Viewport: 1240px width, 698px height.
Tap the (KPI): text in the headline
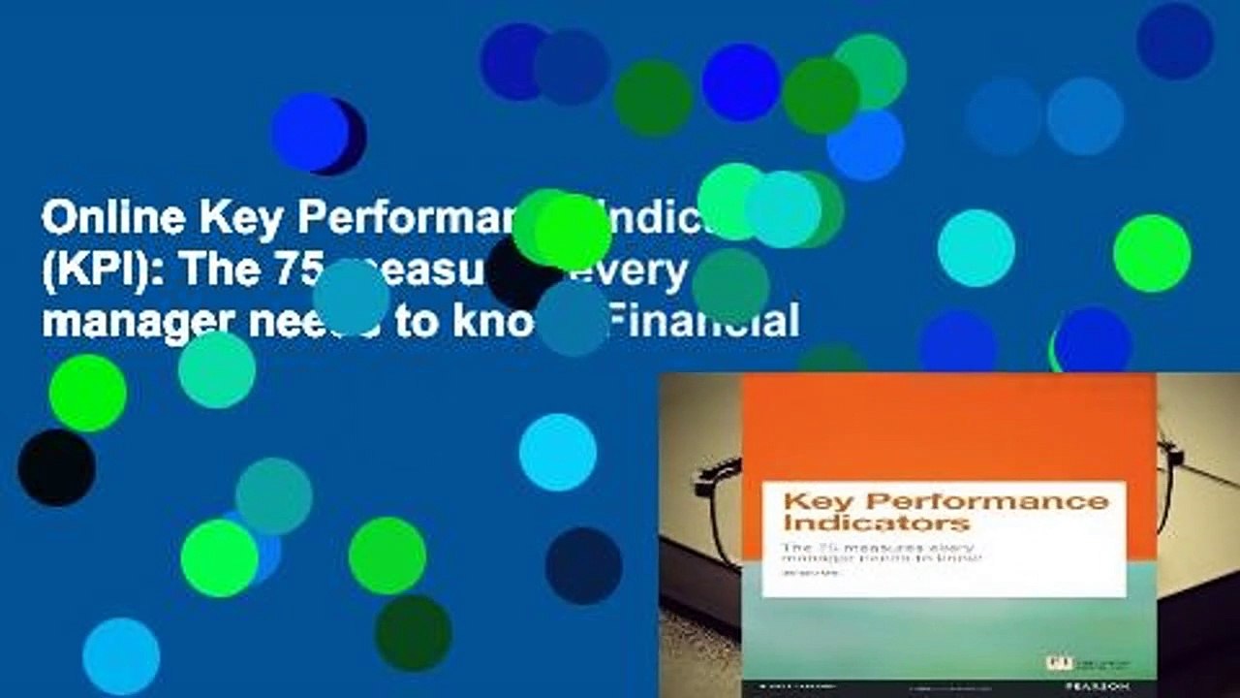pyautogui.click(x=97, y=271)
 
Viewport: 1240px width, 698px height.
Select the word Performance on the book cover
pyautogui.click(x=983, y=500)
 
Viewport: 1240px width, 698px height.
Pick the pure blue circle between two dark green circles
pyautogui.click(x=740, y=82)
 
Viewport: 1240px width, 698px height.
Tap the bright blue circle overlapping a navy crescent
pyautogui.click(x=309, y=132)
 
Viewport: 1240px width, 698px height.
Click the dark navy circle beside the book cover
pyautogui.click(x=583, y=566)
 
